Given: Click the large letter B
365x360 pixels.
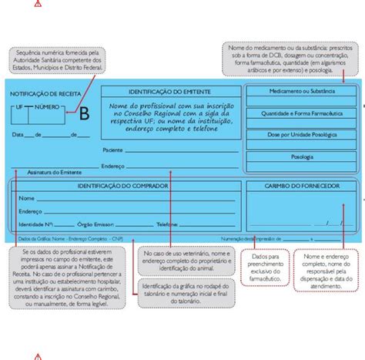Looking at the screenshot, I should pyautogui.click(x=84, y=115).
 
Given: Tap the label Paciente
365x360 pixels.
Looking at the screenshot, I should pyautogui.click(x=113, y=150).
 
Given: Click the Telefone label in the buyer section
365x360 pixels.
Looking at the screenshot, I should pyautogui.click(x=167, y=224).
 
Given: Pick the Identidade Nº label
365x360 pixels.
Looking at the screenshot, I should pyautogui.click(x=35, y=224).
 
